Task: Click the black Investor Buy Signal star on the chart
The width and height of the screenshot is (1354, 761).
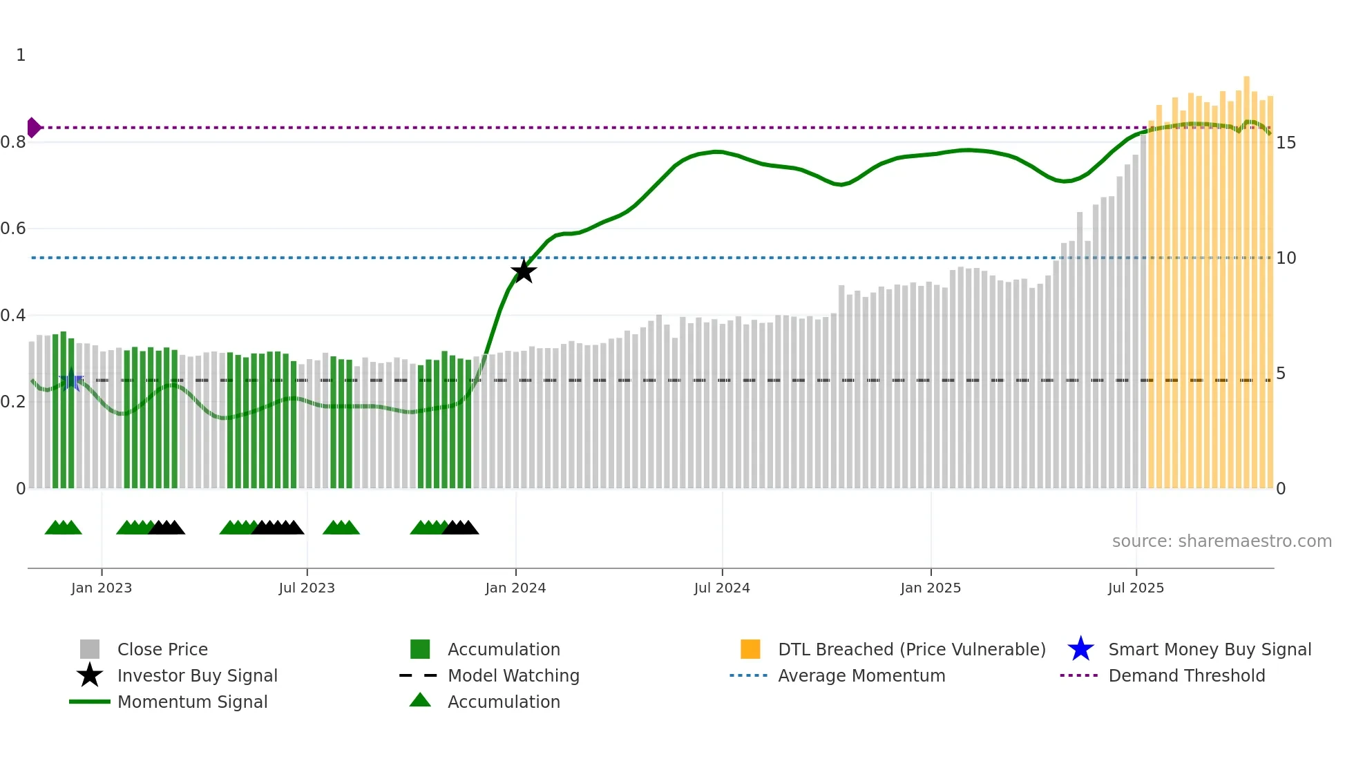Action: (524, 271)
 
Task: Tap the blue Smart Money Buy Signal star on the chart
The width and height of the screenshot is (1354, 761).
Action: (71, 380)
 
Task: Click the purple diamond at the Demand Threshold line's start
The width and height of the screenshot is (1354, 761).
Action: (33, 128)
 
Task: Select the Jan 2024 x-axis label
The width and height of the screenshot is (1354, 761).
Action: (515, 588)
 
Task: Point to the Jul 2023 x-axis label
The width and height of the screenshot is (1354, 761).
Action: (307, 588)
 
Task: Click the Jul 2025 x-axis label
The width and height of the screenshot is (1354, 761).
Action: (1136, 588)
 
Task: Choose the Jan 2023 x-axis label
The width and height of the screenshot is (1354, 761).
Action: (102, 588)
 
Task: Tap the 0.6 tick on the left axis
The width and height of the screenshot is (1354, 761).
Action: (13, 229)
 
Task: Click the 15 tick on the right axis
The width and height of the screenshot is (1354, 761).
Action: (1286, 143)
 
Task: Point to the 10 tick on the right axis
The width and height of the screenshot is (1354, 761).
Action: (1286, 258)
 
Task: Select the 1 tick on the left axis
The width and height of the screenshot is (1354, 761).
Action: (21, 55)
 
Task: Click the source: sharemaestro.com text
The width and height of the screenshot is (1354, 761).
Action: (1221, 541)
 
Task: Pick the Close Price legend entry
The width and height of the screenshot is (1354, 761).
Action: (162, 649)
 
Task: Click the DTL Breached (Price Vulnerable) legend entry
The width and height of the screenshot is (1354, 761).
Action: (911, 649)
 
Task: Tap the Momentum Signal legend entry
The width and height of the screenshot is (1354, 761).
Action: (192, 702)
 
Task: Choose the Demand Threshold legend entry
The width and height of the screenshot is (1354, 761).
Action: (1186, 675)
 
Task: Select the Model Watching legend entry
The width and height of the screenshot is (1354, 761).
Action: (513, 675)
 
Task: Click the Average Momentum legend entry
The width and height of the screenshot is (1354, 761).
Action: (861, 675)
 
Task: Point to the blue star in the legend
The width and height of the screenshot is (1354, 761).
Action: (1080, 649)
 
